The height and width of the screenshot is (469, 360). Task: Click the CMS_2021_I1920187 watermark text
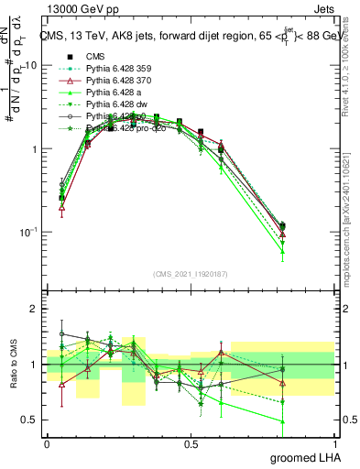coord(191,274)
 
